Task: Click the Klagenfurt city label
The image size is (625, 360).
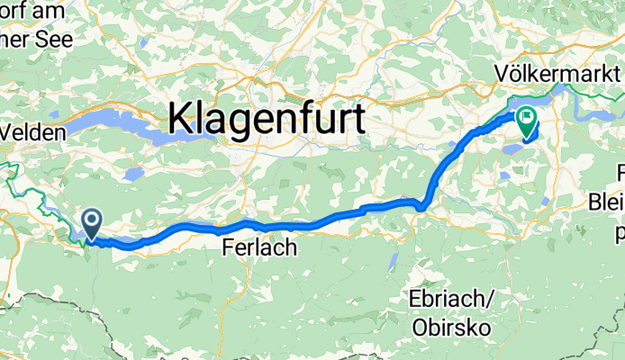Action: click(x=267, y=119)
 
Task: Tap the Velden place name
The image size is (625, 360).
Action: click(x=34, y=131)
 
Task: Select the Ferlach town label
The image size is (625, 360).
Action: click(x=259, y=247)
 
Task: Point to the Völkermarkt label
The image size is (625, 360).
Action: click(x=557, y=71)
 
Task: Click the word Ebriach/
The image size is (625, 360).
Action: click(x=454, y=299)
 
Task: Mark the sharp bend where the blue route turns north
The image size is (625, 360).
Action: click(x=423, y=207)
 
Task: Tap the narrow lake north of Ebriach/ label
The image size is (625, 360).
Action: click(x=392, y=262)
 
